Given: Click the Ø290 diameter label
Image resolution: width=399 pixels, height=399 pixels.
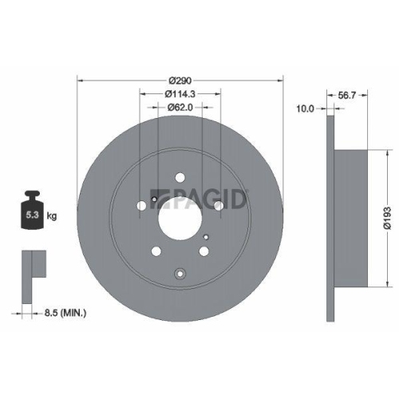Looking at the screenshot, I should click(x=180, y=81).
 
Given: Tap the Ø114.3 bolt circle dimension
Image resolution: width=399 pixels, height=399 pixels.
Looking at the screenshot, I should click(x=180, y=95).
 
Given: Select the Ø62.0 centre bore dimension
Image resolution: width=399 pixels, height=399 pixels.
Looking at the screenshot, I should click(x=180, y=109).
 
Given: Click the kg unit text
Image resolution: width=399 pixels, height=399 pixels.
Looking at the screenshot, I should click(x=53, y=215).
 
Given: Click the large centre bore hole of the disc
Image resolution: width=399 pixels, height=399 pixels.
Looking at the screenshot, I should click(x=180, y=213).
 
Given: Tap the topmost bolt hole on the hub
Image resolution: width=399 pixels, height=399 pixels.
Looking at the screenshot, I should click(x=180, y=177).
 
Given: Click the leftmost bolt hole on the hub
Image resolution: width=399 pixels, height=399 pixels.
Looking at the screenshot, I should click(x=142, y=206).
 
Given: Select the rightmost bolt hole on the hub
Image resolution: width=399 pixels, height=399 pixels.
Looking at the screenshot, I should click(x=217, y=206).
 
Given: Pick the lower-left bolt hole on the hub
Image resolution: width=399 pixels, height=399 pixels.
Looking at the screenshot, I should click(x=156, y=251).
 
